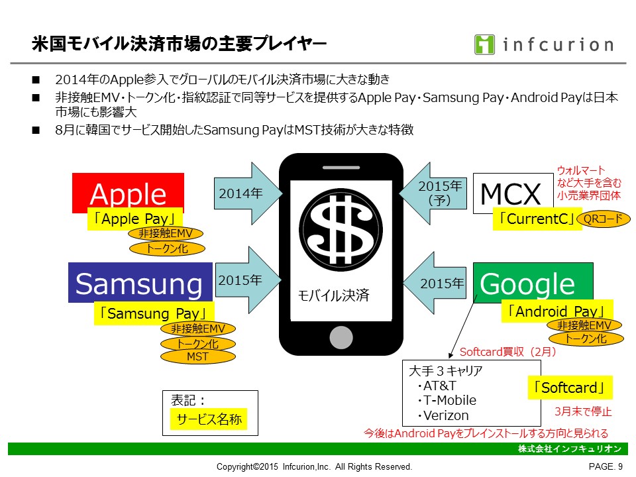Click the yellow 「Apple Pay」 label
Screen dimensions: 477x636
135,219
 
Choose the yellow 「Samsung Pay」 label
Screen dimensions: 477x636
154,313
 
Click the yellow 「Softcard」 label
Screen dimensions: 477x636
570,388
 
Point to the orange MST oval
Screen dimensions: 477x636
197,356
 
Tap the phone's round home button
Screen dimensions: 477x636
341,337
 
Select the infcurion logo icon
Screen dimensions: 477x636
484,44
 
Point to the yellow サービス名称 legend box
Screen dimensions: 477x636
209,419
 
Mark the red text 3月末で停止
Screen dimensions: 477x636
582,411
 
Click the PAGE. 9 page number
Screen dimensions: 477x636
606,466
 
